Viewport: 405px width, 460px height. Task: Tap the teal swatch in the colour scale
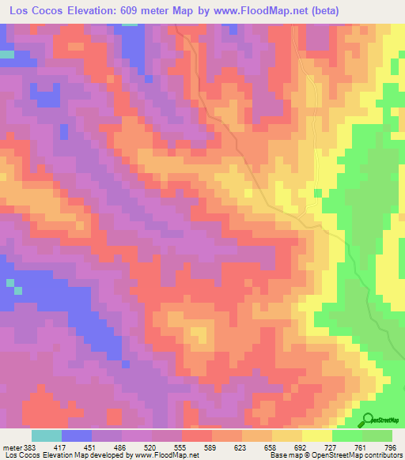click(47, 435)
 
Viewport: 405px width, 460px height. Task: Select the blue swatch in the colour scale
click(77, 435)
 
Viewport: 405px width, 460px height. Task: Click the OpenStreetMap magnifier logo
click(367, 420)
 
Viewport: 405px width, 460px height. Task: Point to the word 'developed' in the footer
click(107, 456)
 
